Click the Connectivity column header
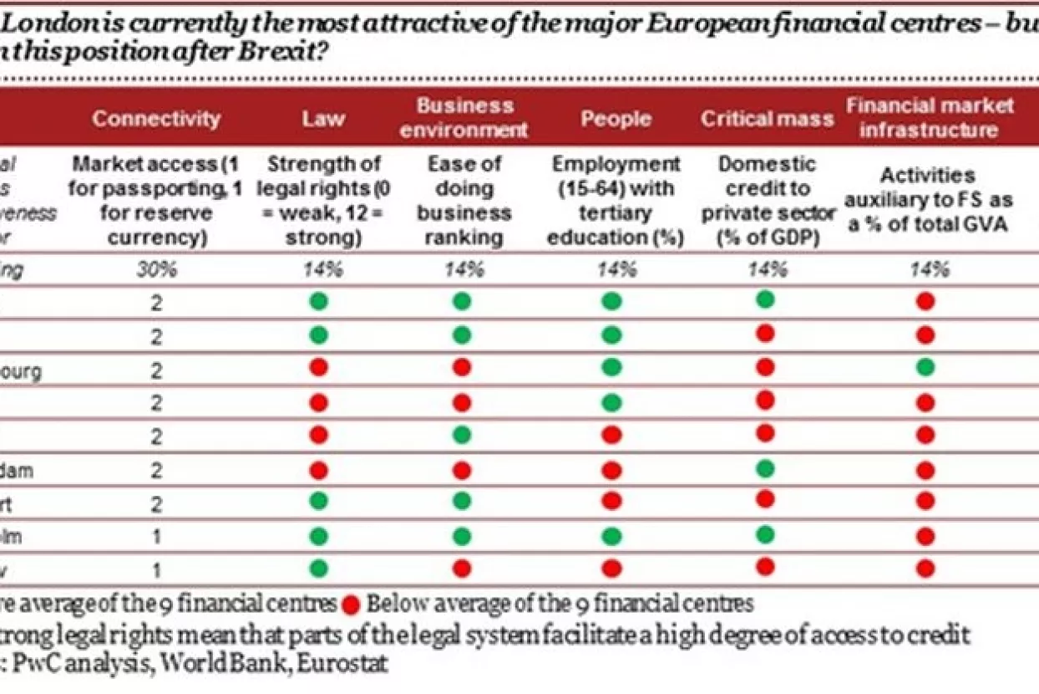click(x=156, y=119)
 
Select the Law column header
click(x=323, y=119)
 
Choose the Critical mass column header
click(x=767, y=119)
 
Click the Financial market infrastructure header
click(x=930, y=118)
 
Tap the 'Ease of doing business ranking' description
click(x=464, y=201)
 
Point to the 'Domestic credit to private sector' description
click(x=768, y=201)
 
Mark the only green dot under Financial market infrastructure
click(x=925, y=367)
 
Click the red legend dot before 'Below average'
click(x=352, y=604)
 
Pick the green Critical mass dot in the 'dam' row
click(x=765, y=467)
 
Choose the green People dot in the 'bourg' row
click(x=611, y=368)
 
